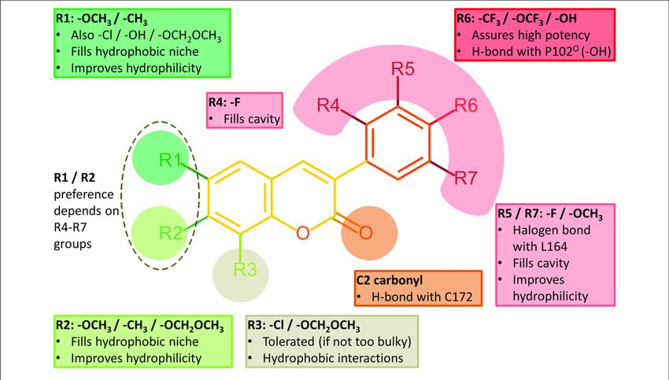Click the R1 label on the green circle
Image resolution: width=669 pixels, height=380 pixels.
point(170,160)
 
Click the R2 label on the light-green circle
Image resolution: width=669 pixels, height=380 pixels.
point(171,232)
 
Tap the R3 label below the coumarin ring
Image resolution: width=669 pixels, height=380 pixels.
point(245,270)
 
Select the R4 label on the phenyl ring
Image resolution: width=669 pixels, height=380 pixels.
point(329,105)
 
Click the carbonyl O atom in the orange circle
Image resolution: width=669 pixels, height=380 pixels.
point(364,232)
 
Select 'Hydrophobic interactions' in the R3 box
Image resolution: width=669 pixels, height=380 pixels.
point(333,359)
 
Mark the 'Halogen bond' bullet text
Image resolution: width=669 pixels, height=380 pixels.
point(549,231)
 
